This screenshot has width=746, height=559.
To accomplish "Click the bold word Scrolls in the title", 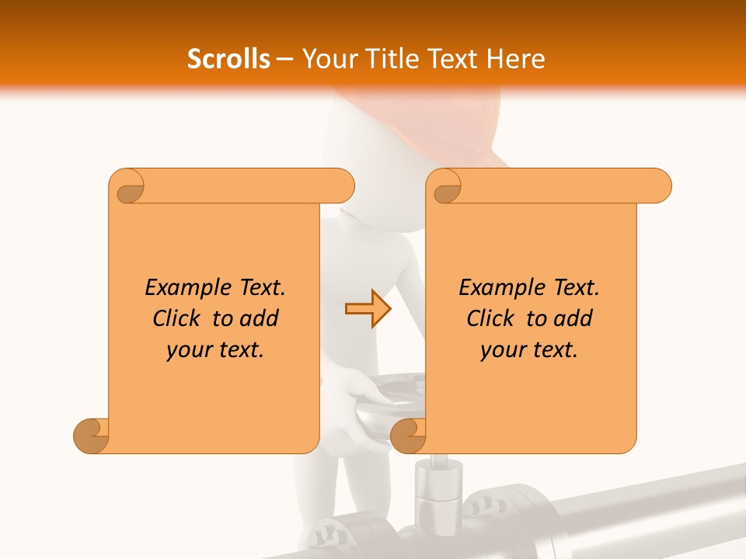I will [228, 58].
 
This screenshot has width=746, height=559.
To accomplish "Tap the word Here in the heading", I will [516, 58].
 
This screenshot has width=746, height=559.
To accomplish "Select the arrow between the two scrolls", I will [368, 309].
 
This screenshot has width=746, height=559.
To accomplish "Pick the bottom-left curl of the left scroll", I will [91, 436].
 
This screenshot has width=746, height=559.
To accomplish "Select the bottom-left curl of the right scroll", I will [408, 436].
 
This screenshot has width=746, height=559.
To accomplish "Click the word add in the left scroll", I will [260, 318].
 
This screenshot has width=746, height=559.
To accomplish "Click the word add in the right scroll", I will [573, 318].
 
